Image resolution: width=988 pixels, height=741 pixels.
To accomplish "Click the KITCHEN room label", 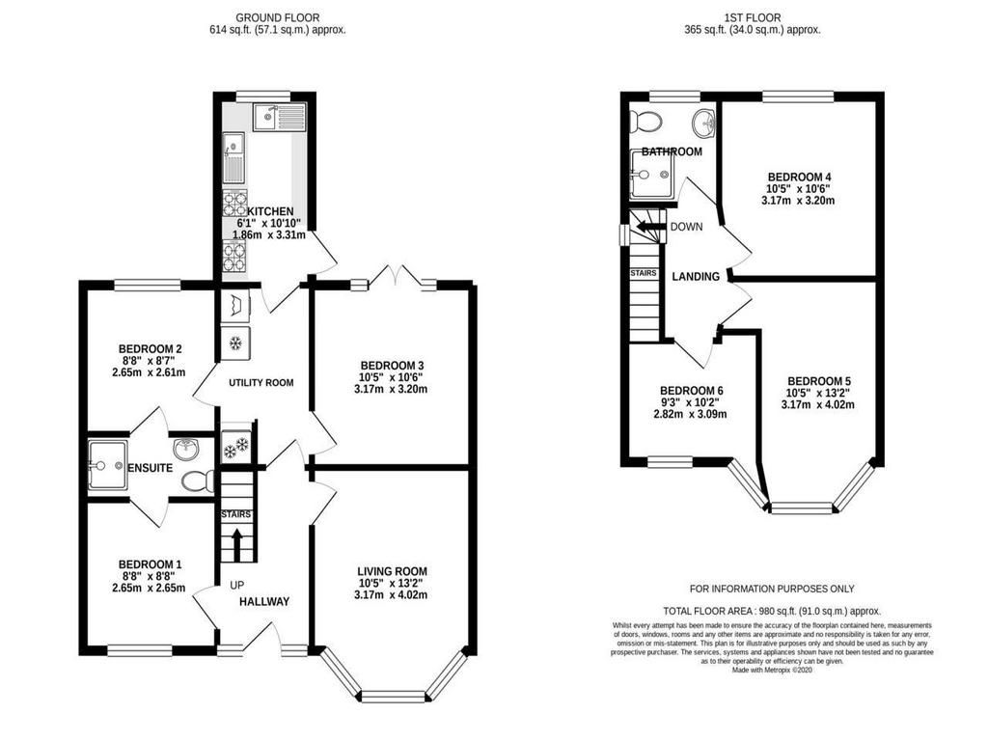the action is point(270,211).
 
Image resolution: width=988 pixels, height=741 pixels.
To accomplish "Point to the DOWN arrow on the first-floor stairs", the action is point(646,226).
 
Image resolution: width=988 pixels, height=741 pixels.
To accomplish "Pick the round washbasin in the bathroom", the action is point(703,123).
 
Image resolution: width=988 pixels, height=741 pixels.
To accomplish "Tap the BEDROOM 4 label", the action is point(795,178).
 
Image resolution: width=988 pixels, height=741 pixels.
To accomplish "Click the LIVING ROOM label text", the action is point(392,571).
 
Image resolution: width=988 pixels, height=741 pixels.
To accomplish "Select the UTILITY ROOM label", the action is point(261,382).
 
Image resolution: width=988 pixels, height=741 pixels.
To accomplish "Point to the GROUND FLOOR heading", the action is point(277,17).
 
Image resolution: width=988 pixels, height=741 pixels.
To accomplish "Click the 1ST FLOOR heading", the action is point(753,17).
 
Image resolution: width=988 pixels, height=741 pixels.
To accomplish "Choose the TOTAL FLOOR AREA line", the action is point(772,611).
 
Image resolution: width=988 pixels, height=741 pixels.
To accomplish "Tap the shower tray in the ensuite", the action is point(107,465).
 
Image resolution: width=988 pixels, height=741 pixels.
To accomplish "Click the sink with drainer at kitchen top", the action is point(279,117).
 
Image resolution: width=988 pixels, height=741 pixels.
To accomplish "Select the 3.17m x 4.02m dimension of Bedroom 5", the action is point(818,404).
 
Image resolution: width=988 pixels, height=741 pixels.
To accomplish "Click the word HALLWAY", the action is point(264,602).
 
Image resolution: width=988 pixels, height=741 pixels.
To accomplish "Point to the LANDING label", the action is point(696,277).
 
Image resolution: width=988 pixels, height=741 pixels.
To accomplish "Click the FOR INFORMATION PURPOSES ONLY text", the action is point(772,589).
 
